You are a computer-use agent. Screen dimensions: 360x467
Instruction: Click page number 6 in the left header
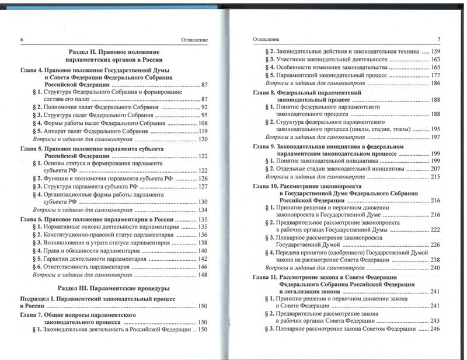click(x=22, y=40)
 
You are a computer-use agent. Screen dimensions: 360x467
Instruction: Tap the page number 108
click(x=203, y=123)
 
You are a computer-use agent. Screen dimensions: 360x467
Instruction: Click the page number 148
click(x=203, y=274)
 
